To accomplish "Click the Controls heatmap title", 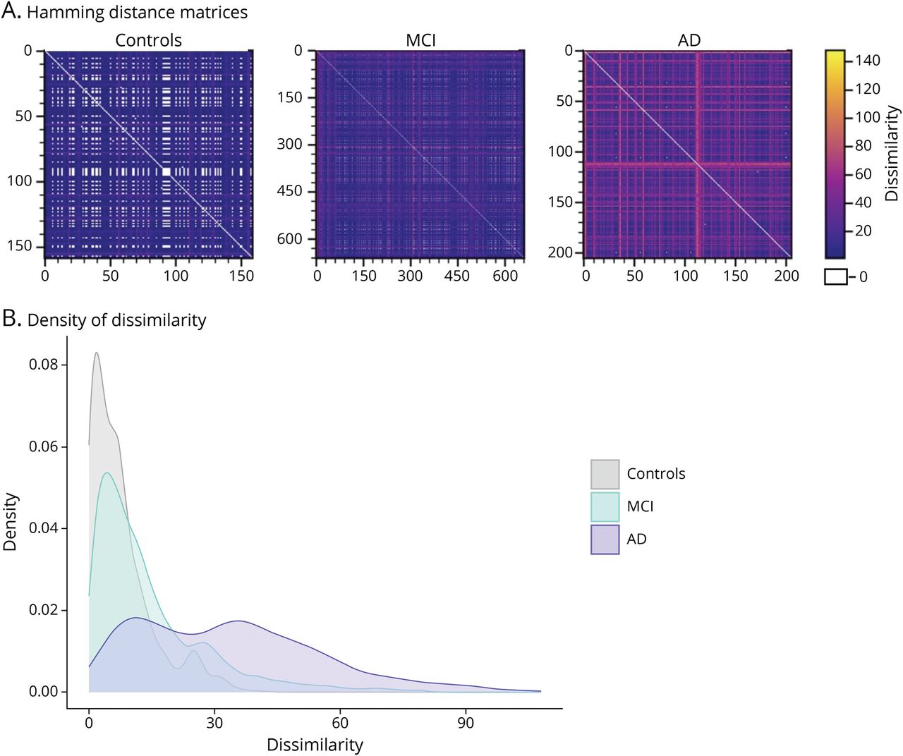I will pos(148,40).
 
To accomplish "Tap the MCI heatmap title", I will pos(420,40).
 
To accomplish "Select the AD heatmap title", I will pos(689,40).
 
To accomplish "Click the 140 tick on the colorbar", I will pos(867,61).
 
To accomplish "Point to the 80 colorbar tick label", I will pos(863,145).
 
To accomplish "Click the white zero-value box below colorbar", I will pos(836,276).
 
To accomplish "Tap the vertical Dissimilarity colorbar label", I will pos(892,153).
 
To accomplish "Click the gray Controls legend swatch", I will pos(605,474).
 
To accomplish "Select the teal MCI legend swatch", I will pos(605,506).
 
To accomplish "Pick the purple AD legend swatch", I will pos(605,539).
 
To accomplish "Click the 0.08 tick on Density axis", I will pos(44,365).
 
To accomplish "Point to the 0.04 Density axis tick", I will pos(44,528).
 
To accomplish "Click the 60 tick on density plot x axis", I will pos(340,723).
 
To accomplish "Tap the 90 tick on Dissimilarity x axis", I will pos(466,723).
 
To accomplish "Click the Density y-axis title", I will pos(10,521).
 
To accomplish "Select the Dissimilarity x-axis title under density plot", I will pos(315,745).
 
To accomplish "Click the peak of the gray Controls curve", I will pos(96,353).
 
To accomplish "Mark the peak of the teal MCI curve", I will pos(107,472).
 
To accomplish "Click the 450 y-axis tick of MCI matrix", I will pos(289,191).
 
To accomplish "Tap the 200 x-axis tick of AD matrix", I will pos(787,276).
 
